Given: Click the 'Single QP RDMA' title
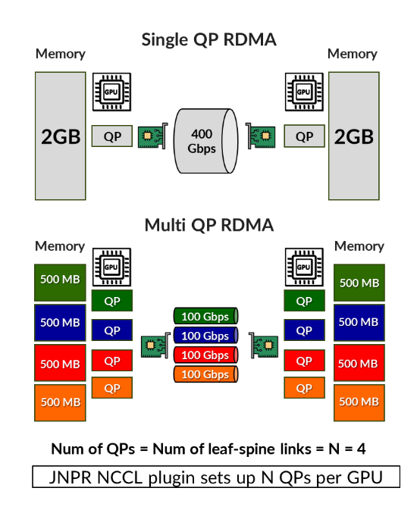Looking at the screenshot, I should click(208, 39).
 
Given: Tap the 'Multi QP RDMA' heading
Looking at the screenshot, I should click(208, 225).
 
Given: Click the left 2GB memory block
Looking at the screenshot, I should click(60, 136).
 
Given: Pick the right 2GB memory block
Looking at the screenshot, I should click(353, 136).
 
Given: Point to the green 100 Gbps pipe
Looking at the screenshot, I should click(205, 315).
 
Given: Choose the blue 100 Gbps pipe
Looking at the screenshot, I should click(205, 335).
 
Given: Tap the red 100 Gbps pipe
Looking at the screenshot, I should click(205, 355).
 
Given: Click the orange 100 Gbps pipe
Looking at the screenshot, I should click(205, 374).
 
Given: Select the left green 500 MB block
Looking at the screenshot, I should click(60, 282).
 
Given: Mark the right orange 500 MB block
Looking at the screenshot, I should click(359, 402).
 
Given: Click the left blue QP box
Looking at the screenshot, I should click(112, 330).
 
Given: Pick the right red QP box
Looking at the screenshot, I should click(304, 360).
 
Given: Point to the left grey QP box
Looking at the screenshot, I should click(112, 136).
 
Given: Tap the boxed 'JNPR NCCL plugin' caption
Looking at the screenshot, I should click(216, 477).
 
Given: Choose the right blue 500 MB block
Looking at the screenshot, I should click(359, 322).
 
